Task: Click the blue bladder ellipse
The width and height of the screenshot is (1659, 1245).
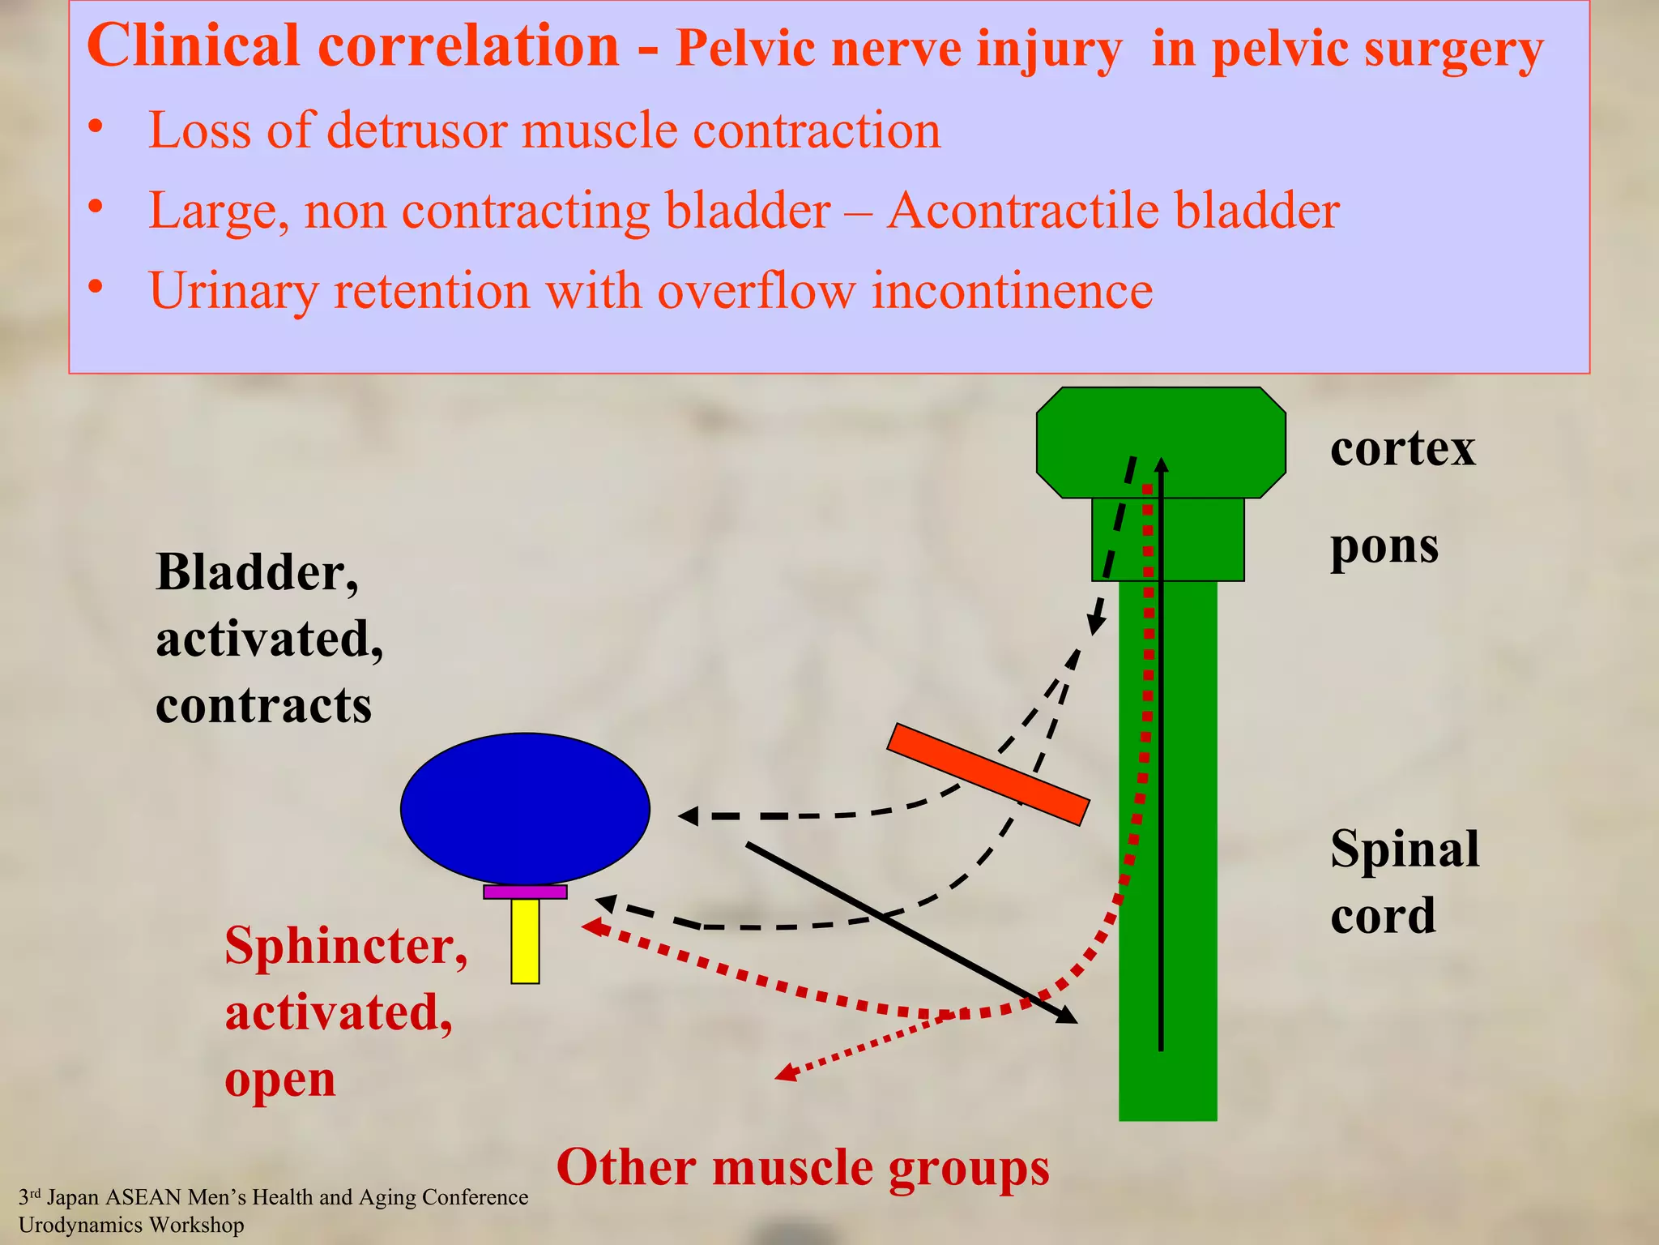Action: (x=525, y=808)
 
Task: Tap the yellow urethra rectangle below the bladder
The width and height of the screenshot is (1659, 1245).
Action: (x=525, y=940)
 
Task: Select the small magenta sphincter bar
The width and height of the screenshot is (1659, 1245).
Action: (x=525, y=892)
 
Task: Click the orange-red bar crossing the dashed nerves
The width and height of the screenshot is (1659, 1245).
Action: (x=988, y=774)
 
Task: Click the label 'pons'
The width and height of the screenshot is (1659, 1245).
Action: (x=1384, y=545)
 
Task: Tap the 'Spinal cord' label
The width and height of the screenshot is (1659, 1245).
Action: (x=1404, y=882)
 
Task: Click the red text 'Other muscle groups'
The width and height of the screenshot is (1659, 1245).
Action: (x=802, y=1167)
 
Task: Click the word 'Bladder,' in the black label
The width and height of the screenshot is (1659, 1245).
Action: (x=257, y=572)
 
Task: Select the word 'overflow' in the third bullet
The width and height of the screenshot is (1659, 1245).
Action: (x=755, y=290)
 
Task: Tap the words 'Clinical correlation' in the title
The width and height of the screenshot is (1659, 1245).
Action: (x=352, y=45)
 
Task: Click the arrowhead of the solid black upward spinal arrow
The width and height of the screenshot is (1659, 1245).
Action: (x=1161, y=464)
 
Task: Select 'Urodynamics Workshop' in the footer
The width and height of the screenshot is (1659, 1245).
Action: (x=131, y=1225)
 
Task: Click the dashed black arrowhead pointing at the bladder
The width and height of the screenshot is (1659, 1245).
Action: (x=688, y=815)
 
